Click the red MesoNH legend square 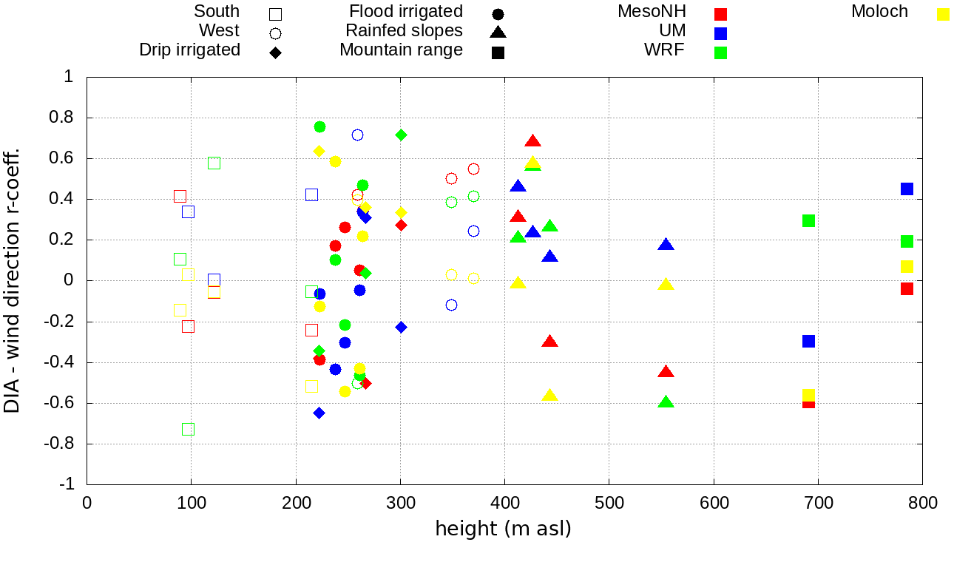tap(721, 14)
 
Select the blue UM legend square tap(721, 33)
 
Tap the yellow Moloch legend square tap(943, 14)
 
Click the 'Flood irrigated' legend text tap(406, 12)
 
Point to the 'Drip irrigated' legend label tap(190, 50)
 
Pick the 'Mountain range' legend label tap(401, 50)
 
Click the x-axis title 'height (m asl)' tap(504, 529)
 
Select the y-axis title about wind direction tap(13, 280)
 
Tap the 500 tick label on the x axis tap(609, 504)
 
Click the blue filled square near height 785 tap(907, 189)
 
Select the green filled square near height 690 tap(808, 220)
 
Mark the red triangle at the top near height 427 tap(533, 141)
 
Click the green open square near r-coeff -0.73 tap(188, 429)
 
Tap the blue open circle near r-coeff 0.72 tap(357, 135)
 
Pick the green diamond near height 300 tap(401, 135)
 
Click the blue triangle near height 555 tap(666, 245)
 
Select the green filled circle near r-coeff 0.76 tap(319, 126)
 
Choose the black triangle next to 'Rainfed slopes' tap(498, 32)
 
